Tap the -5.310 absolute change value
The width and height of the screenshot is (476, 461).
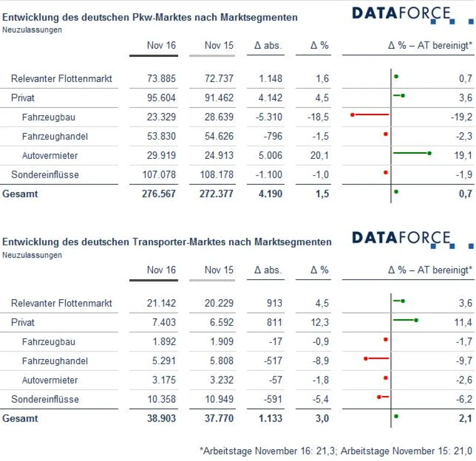point(268,117)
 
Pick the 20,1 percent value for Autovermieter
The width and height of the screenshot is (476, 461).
point(319,155)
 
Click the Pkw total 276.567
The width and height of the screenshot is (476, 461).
point(159,194)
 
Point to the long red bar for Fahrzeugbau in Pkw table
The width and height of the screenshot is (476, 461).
point(370,114)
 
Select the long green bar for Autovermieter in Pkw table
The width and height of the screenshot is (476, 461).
point(411,153)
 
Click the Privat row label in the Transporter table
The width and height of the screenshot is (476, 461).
point(23,322)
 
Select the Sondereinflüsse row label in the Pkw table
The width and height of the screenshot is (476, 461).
point(45,174)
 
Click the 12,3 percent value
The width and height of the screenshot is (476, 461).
point(319,322)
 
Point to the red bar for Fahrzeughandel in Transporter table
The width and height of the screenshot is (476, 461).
point(377,358)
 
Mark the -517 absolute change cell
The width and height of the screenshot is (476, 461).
point(273,361)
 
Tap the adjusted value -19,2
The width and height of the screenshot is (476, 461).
point(461,117)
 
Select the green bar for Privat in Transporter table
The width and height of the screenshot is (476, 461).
point(404,320)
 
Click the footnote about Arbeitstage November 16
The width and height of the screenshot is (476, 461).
point(336,451)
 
